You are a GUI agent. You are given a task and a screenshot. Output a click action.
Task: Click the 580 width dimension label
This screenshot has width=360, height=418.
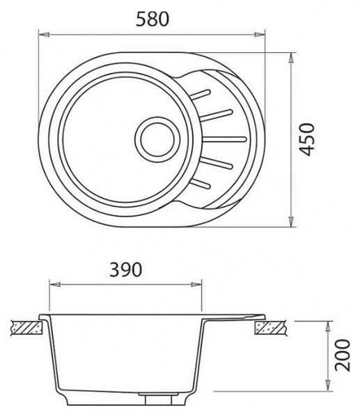click(152, 20)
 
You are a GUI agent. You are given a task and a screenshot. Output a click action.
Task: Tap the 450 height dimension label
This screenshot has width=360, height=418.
click(306, 139)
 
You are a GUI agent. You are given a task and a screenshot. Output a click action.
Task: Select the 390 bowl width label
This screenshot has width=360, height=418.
click(126, 270)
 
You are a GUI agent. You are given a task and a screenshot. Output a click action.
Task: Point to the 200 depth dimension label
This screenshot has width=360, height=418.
click(342, 355)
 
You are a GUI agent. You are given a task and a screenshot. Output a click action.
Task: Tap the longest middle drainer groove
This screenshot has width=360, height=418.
click(224, 139)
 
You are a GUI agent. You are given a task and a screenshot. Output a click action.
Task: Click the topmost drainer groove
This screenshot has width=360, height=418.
click(201, 94)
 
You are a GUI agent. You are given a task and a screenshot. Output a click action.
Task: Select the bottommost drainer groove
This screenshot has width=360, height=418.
click(201, 184)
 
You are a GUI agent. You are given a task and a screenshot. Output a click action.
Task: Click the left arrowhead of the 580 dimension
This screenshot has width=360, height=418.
click(45, 34)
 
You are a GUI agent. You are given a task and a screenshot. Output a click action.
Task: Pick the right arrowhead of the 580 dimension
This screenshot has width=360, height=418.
click(260, 34)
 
